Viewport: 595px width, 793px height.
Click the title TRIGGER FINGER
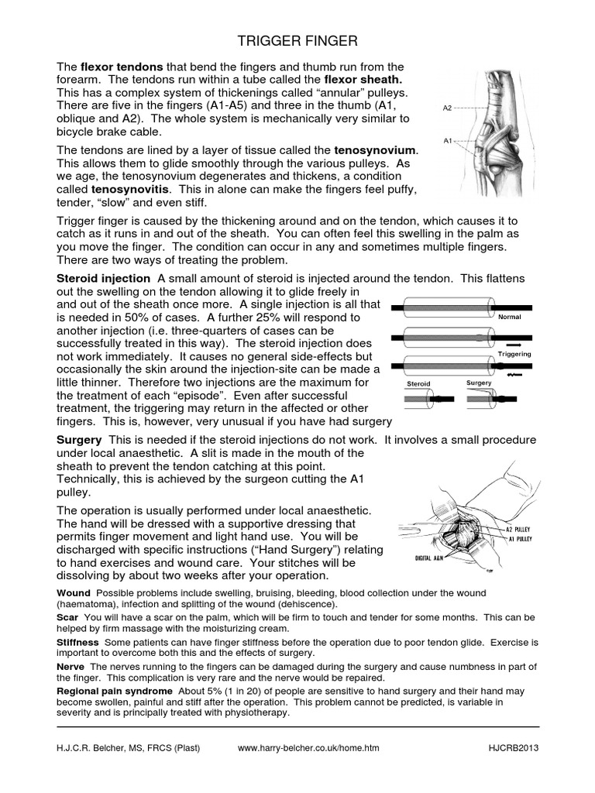[x=297, y=39]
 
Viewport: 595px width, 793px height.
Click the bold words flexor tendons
[x=118, y=67]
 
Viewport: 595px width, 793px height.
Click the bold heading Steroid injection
[x=104, y=278]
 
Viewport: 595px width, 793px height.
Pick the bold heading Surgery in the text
[x=80, y=440]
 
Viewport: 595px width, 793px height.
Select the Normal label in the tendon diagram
[x=509, y=318]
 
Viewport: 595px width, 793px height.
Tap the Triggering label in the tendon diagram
[x=514, y=354]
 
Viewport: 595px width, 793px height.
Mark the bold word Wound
[x=74, y=593]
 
